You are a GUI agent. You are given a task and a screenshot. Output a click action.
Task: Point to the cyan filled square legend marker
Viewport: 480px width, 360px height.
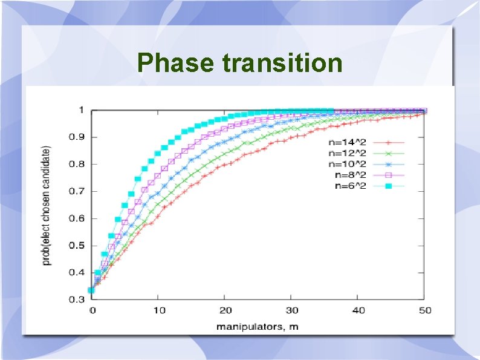coord(389,186)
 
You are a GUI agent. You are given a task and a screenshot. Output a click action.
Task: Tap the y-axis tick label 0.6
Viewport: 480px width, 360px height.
coord(76,218)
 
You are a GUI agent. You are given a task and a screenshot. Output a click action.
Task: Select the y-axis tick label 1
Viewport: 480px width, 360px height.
coord(80,110)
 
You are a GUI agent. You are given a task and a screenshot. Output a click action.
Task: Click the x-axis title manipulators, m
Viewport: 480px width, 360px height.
coord(258,327)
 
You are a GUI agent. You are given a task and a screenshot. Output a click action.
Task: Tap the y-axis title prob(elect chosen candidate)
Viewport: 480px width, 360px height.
coord(47,205)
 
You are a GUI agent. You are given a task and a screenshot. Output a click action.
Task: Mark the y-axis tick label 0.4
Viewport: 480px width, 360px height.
coord(76,273)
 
